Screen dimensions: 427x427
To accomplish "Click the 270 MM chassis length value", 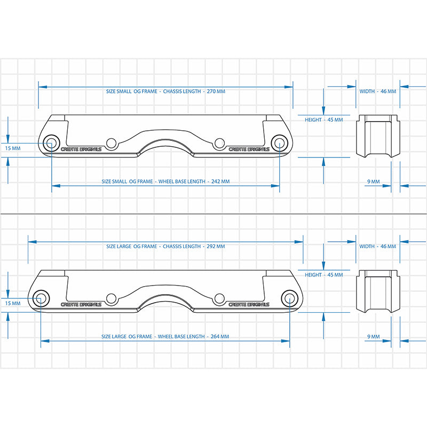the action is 216,91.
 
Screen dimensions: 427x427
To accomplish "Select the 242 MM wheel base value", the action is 220,181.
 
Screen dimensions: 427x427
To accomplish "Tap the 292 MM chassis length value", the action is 216,247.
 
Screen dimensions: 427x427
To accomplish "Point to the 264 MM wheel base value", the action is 220,337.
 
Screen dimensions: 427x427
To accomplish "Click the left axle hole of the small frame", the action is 51,143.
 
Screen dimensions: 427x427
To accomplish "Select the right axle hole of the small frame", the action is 279,143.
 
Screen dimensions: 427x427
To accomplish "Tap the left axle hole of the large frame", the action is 41,298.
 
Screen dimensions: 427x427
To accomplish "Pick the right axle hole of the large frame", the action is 290,298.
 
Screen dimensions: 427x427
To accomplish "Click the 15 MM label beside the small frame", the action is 13,148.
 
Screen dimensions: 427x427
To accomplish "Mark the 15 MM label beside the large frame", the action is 13,303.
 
